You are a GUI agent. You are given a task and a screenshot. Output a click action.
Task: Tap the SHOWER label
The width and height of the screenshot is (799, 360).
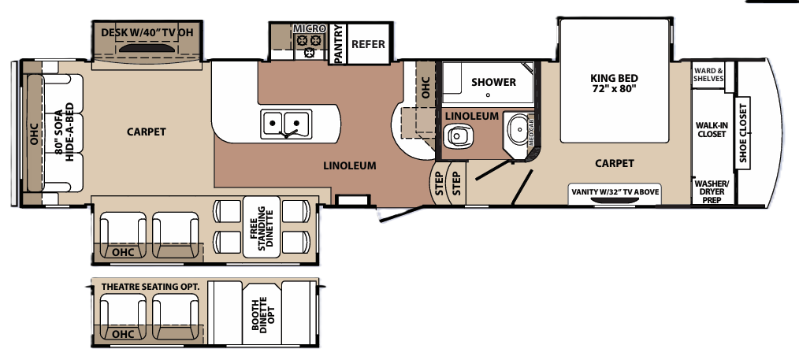493,82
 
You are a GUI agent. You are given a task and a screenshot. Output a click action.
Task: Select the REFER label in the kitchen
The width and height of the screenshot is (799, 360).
368,44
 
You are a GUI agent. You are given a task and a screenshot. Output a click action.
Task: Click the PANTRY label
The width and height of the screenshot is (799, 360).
336,44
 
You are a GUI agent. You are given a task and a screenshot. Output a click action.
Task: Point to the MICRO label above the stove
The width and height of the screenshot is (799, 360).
310,29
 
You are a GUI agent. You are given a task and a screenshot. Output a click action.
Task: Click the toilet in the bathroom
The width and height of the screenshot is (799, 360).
456,135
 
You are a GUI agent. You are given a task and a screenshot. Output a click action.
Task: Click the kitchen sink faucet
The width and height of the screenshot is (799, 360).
288,133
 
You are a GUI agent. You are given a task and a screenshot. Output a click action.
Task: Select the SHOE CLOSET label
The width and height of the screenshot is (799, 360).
742,134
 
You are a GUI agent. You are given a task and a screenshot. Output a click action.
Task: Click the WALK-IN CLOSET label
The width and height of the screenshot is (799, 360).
712,129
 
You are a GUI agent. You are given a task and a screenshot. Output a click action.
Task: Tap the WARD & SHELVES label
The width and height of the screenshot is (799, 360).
708,74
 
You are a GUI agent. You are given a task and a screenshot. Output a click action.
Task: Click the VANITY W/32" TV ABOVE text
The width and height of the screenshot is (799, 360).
615,192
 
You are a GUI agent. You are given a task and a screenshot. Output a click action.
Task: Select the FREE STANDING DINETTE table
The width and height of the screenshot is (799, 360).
261,227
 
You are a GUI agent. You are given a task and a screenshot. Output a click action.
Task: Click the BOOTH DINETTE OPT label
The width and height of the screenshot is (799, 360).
262,314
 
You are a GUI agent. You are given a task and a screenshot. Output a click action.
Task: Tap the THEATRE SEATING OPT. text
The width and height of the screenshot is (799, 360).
151,287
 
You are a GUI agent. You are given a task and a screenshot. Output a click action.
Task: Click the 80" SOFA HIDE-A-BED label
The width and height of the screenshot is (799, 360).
64,132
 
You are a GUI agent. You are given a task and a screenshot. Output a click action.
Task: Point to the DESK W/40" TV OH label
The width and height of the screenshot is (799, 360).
147,32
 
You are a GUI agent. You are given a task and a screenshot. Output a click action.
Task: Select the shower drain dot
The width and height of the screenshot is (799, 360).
488,95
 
